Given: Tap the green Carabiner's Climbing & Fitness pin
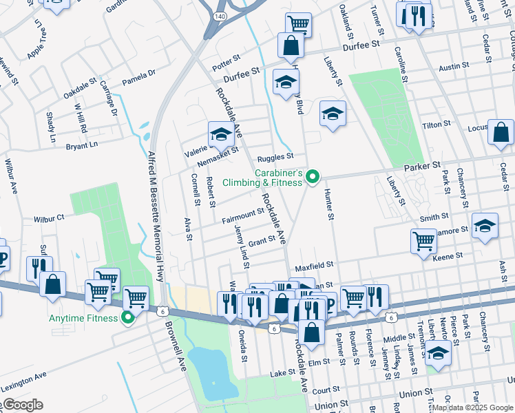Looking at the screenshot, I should click(x=313, y=178).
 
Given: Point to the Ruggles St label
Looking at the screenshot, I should click(x=276, y=158).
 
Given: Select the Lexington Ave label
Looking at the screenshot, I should click(x=23, y=383).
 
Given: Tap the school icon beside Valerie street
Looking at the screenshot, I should click(x=220, y=134).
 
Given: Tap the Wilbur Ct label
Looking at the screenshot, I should click(x=48, y=218).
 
